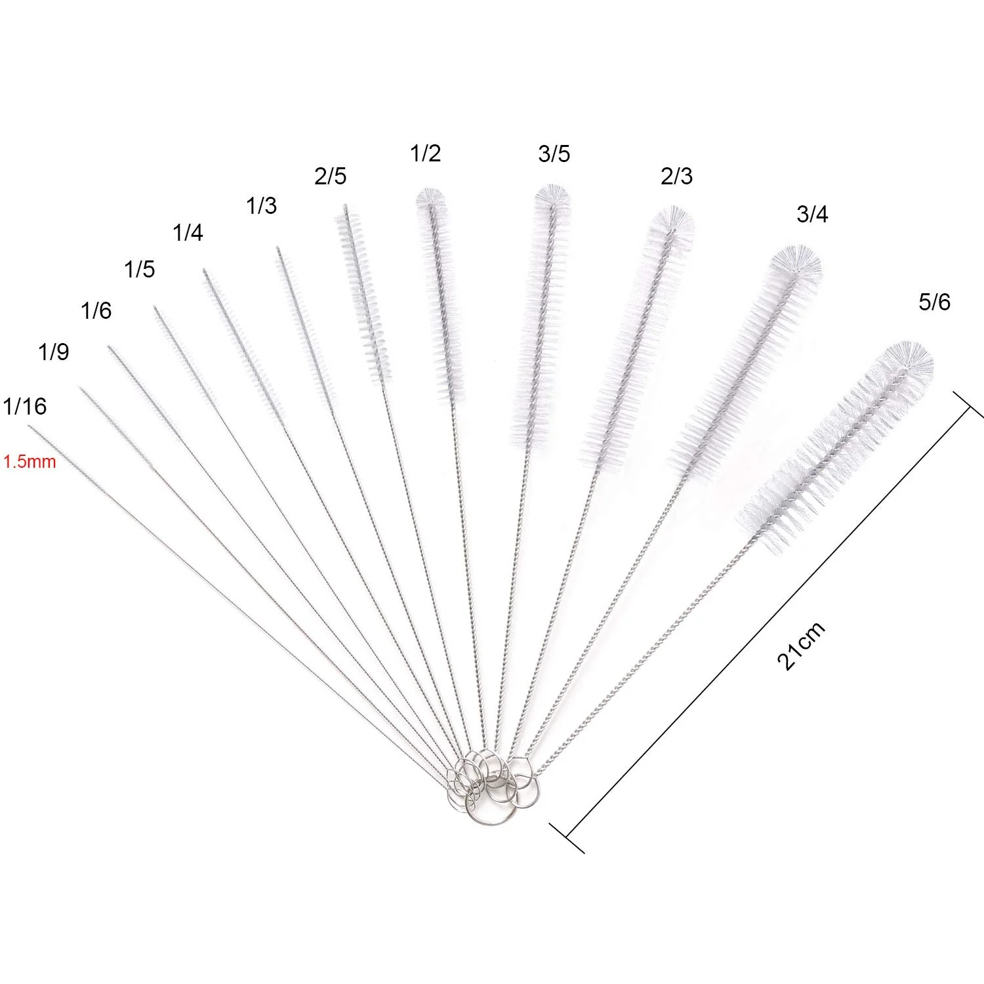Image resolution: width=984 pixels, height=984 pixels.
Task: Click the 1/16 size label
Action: pos(25,406)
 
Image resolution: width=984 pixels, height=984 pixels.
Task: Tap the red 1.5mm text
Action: pos(30,462)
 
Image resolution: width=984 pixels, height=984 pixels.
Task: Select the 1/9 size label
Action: pos(53,352)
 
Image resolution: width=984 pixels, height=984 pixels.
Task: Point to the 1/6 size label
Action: pos(96,310)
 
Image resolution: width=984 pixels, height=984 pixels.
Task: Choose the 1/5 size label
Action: pos(140,269)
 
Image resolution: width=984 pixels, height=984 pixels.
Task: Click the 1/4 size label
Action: pos(188,232)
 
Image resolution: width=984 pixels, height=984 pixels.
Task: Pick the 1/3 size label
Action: pos(261,206)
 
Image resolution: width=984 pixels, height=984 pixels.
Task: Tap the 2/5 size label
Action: pos(330,176)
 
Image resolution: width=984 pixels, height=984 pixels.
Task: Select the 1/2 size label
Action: pos(425,153)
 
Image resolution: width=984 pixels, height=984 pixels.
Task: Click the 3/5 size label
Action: pos(554,154)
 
